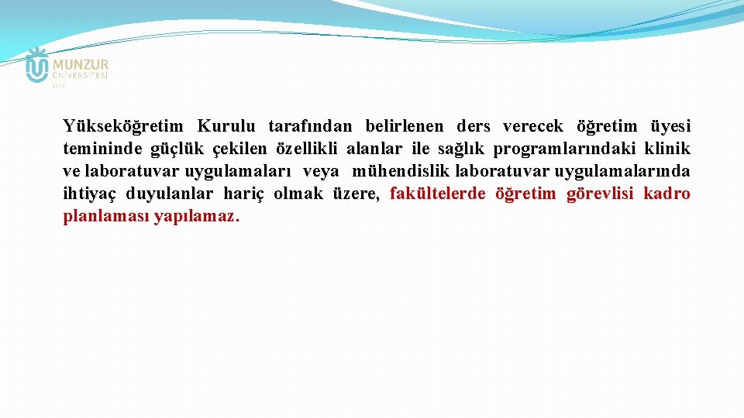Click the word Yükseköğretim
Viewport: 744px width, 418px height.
tap(123, 126)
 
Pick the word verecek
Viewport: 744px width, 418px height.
tap(533, 126)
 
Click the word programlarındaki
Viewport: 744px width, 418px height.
tap(564, 149)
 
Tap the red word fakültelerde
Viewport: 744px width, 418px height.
tap(437, 194)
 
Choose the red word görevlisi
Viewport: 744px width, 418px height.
tap(599, 194)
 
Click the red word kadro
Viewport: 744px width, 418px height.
tap(666, 194)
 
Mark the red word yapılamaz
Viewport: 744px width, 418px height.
tap(197, 216)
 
